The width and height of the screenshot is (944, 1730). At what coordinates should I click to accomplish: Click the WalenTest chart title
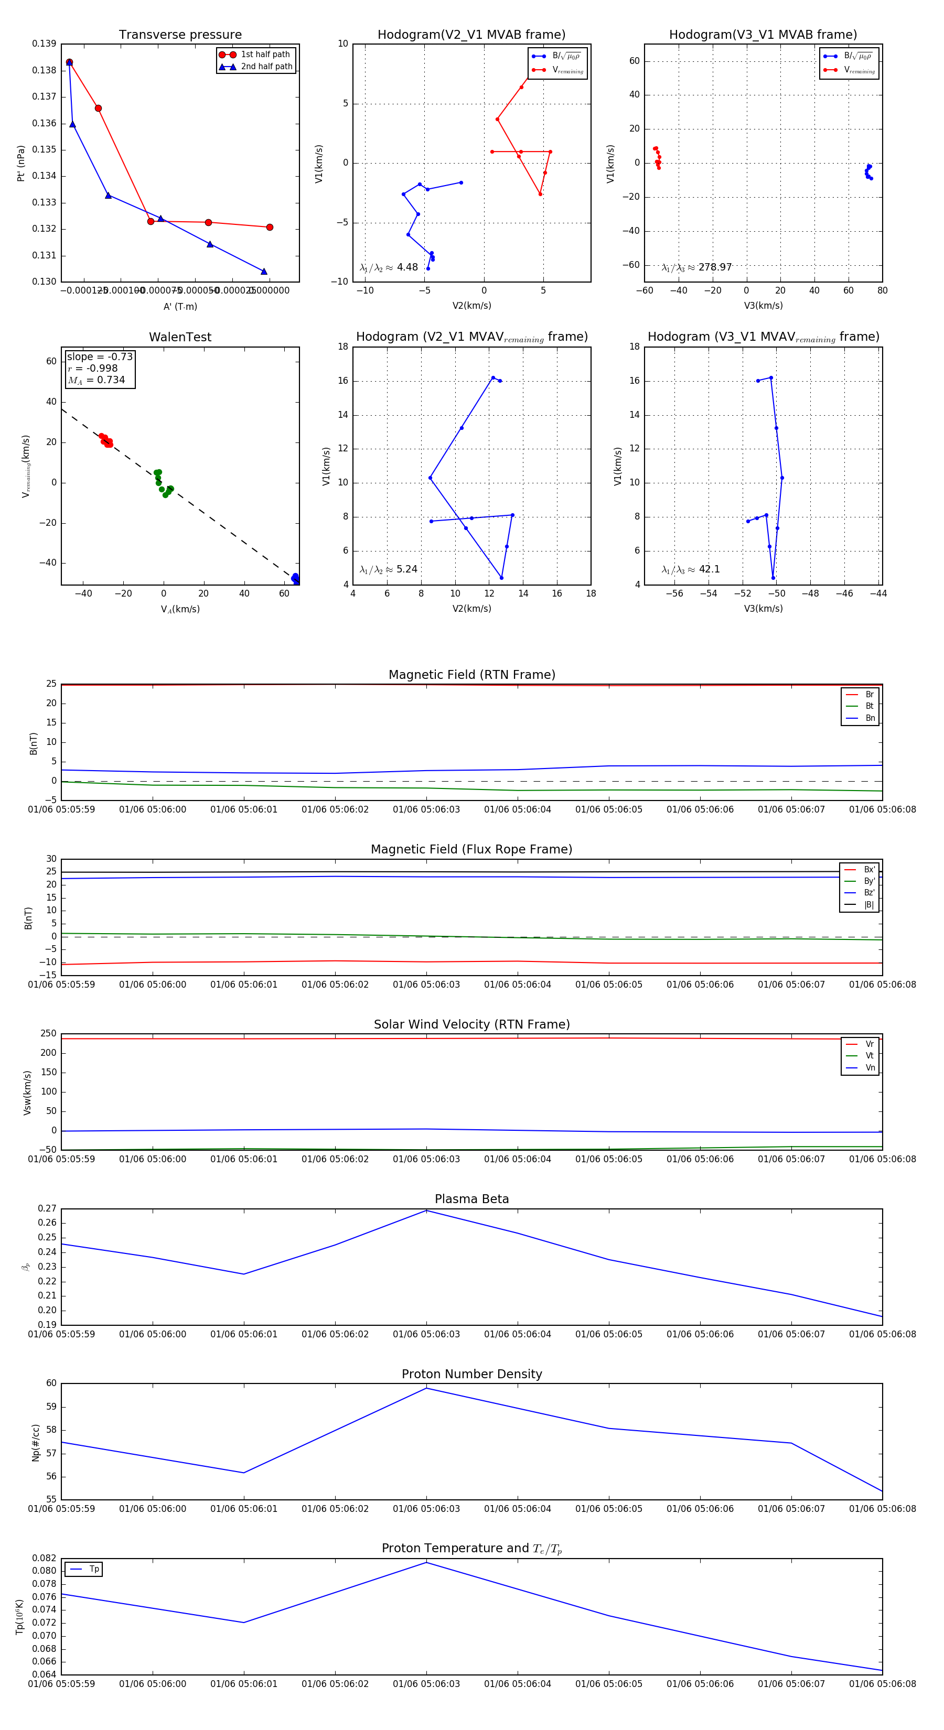click(180, 337)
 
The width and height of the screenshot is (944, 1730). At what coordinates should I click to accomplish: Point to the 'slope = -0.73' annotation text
click(100, 356)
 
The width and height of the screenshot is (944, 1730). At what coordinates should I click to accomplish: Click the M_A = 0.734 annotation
click(96, 380)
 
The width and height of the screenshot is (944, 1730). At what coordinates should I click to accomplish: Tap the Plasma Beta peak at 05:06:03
click(426, 1211)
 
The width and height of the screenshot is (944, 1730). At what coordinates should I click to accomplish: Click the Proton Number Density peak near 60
click(426, 1388)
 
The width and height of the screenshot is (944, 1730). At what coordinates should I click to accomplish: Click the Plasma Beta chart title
click(471, 1199)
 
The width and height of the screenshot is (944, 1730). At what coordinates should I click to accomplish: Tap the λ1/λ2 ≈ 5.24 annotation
click(388, 569)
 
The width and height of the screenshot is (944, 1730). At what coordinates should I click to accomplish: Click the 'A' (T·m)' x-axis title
click(180, 306)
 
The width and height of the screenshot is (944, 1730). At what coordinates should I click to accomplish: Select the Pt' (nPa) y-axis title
click(21, 163)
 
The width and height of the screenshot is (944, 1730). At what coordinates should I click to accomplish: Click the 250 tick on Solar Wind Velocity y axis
click(48, 1034)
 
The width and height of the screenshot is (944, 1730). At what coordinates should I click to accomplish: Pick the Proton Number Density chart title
click(471, 1374)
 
